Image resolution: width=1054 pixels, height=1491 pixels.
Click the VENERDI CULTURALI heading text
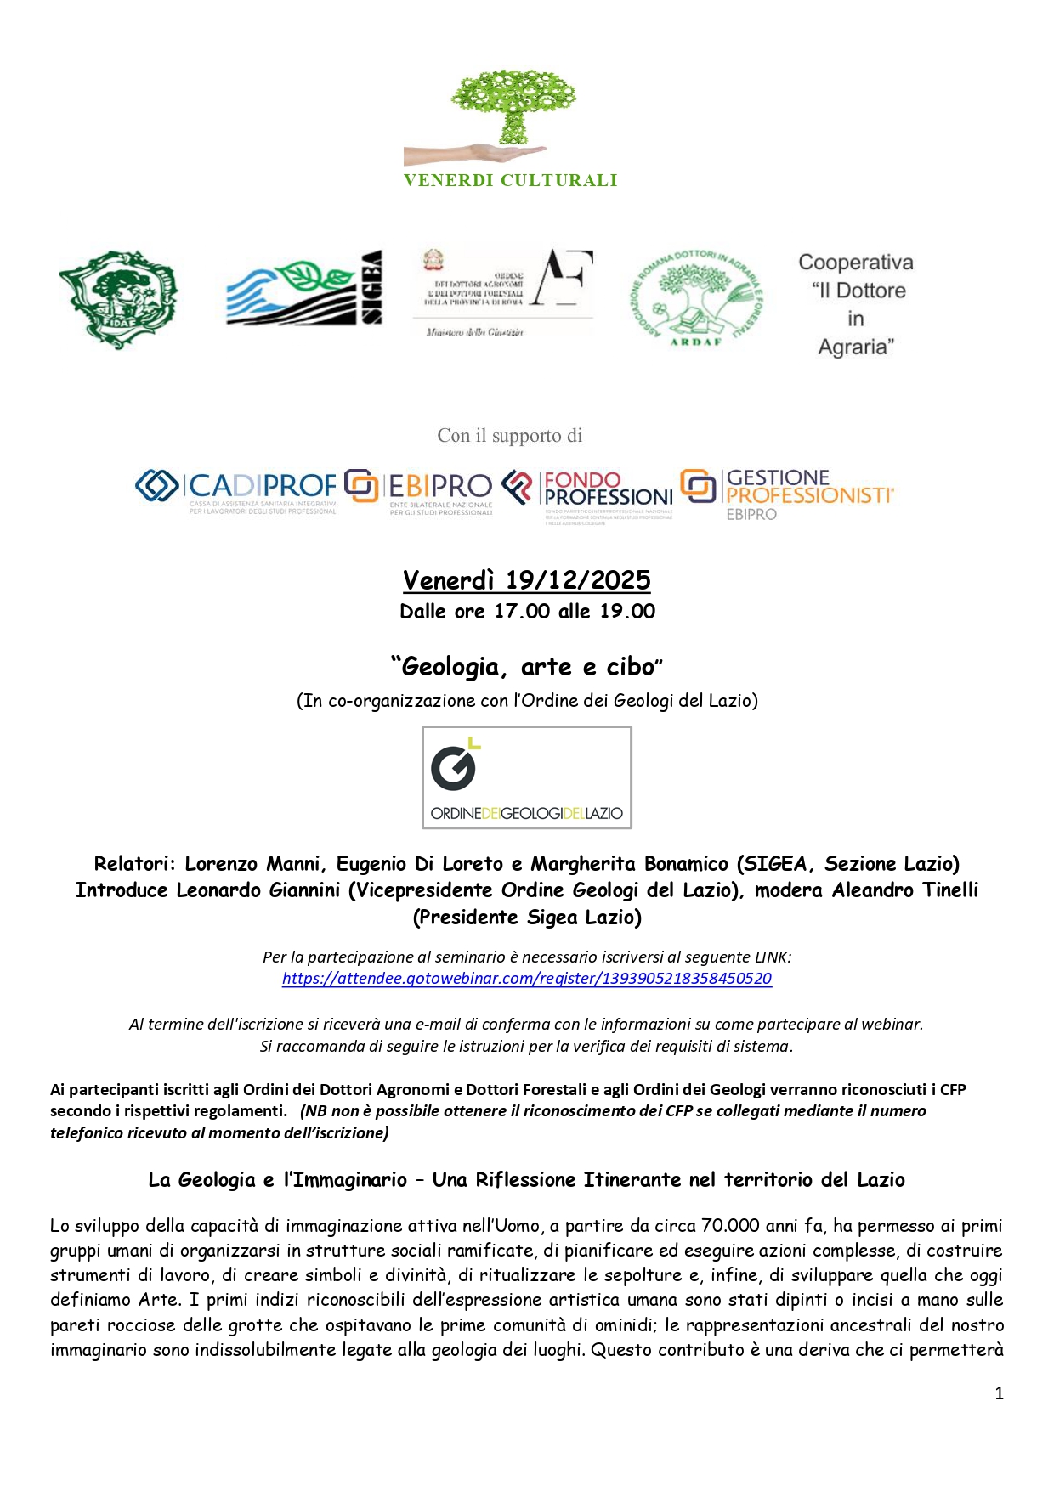pos(510,180)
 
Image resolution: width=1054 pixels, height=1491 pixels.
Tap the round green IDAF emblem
pos(118,299)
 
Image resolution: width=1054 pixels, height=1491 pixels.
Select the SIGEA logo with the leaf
pos(303,290)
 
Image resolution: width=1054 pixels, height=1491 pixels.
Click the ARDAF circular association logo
pos(695,298)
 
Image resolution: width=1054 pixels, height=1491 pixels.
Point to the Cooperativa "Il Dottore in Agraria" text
pos(856,304)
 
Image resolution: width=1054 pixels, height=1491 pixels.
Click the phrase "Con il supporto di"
pos(510,436)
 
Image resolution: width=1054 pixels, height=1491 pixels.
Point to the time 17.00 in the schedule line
pos(522,612)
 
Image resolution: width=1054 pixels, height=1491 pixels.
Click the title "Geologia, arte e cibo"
pos(527,668)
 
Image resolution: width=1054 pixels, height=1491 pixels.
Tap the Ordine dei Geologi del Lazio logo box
pos(527,777)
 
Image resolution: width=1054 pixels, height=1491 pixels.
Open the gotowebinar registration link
pos(527,979)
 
